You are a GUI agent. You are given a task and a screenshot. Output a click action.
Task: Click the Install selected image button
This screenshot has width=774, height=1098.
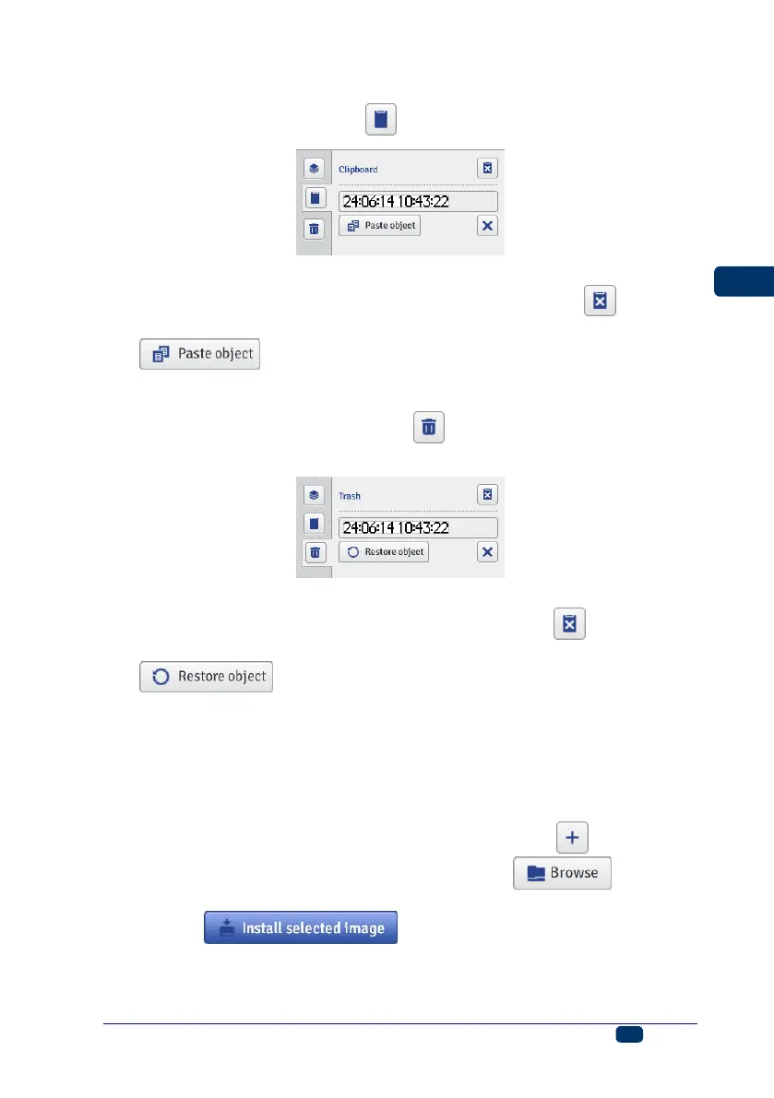(301, 927)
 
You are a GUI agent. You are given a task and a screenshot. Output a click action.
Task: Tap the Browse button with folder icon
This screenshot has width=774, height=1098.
(563, 872)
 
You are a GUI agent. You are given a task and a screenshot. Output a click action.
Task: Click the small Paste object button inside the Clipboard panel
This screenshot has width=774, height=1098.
(379, 225)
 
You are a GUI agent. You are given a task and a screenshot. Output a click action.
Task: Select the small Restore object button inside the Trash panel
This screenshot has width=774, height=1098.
(384, 552)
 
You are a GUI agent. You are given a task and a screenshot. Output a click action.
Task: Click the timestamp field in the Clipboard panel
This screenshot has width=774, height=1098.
(418, 201)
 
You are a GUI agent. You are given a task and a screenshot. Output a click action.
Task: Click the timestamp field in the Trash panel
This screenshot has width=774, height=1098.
(418, 527)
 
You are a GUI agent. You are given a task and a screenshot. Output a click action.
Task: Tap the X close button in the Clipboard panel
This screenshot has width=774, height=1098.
(488, 226)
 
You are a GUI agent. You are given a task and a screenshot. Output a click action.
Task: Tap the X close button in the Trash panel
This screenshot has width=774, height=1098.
(488, 552)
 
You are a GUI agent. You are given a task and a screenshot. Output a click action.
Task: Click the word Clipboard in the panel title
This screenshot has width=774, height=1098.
(358, 170)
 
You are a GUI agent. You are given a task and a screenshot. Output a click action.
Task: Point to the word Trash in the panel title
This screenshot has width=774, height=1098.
(350, 496)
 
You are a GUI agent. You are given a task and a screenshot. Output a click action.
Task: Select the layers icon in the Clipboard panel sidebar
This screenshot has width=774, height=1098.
(315, 169)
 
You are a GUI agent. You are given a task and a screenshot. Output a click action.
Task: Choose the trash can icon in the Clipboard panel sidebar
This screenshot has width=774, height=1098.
(315, 230)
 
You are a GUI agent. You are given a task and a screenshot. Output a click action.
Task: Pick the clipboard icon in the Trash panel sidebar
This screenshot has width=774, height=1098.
(315, 524)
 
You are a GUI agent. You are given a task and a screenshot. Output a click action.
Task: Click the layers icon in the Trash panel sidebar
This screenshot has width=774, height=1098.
(315, 495)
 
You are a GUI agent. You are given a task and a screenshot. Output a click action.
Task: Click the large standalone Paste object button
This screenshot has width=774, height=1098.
(199, 354)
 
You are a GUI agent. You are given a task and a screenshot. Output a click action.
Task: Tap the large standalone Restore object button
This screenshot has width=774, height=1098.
(206, 676)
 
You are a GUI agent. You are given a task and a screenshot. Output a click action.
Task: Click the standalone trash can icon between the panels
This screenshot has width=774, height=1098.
(428, 428)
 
